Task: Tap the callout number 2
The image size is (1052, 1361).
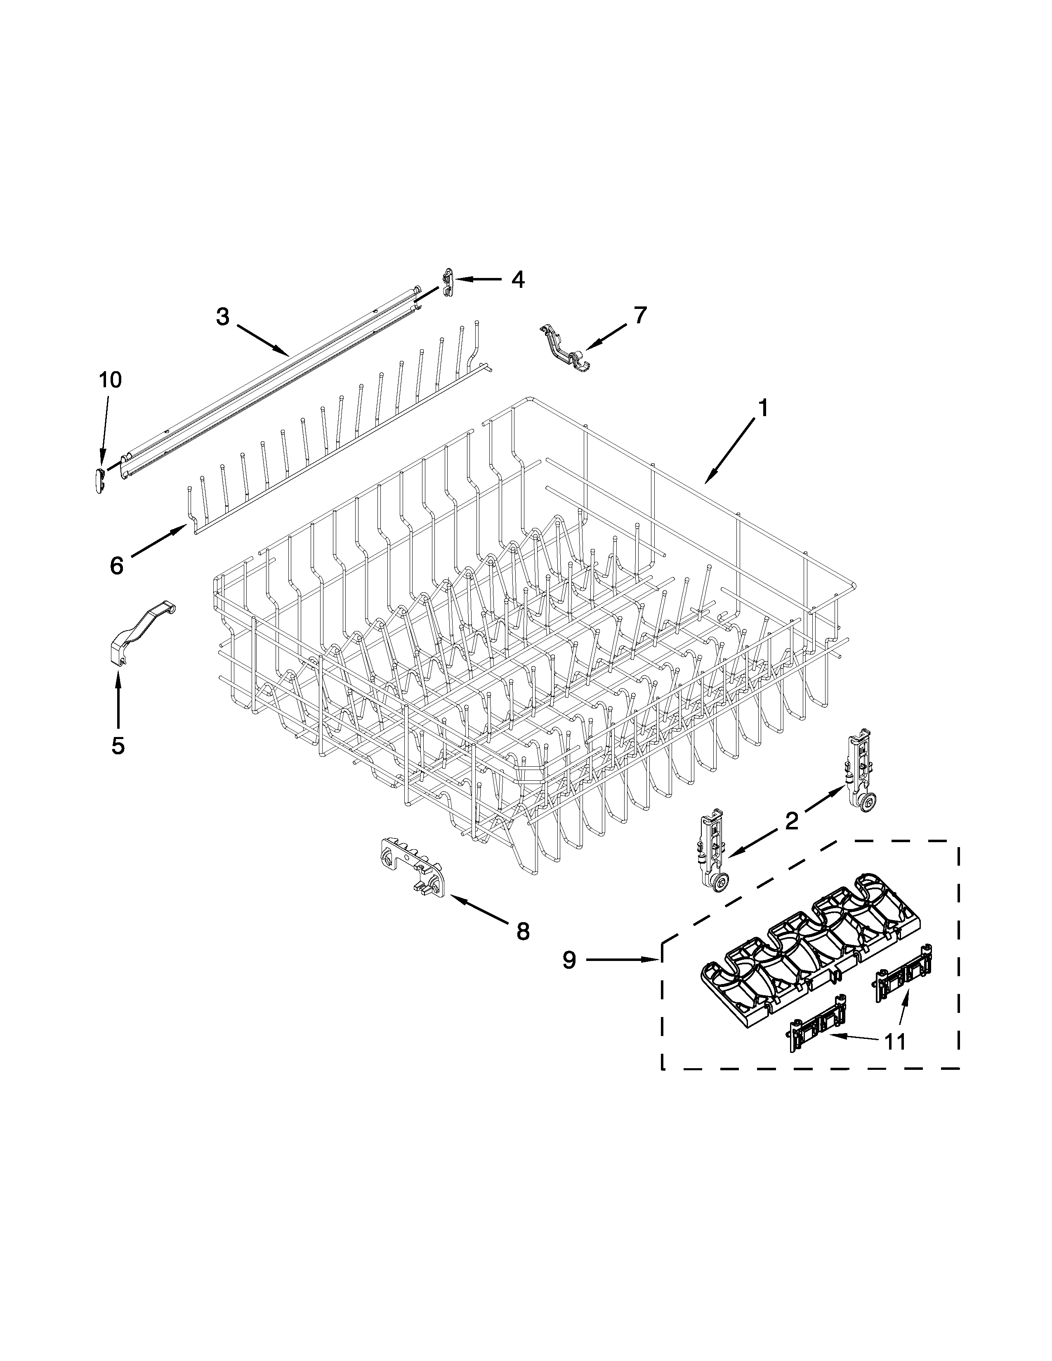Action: [792, 821]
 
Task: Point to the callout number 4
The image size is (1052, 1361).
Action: [517, 279]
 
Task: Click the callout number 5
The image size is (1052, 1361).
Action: [118, 745]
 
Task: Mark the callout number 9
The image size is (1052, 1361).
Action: [569, 960]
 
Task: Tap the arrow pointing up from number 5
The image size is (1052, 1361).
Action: [118, 698]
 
